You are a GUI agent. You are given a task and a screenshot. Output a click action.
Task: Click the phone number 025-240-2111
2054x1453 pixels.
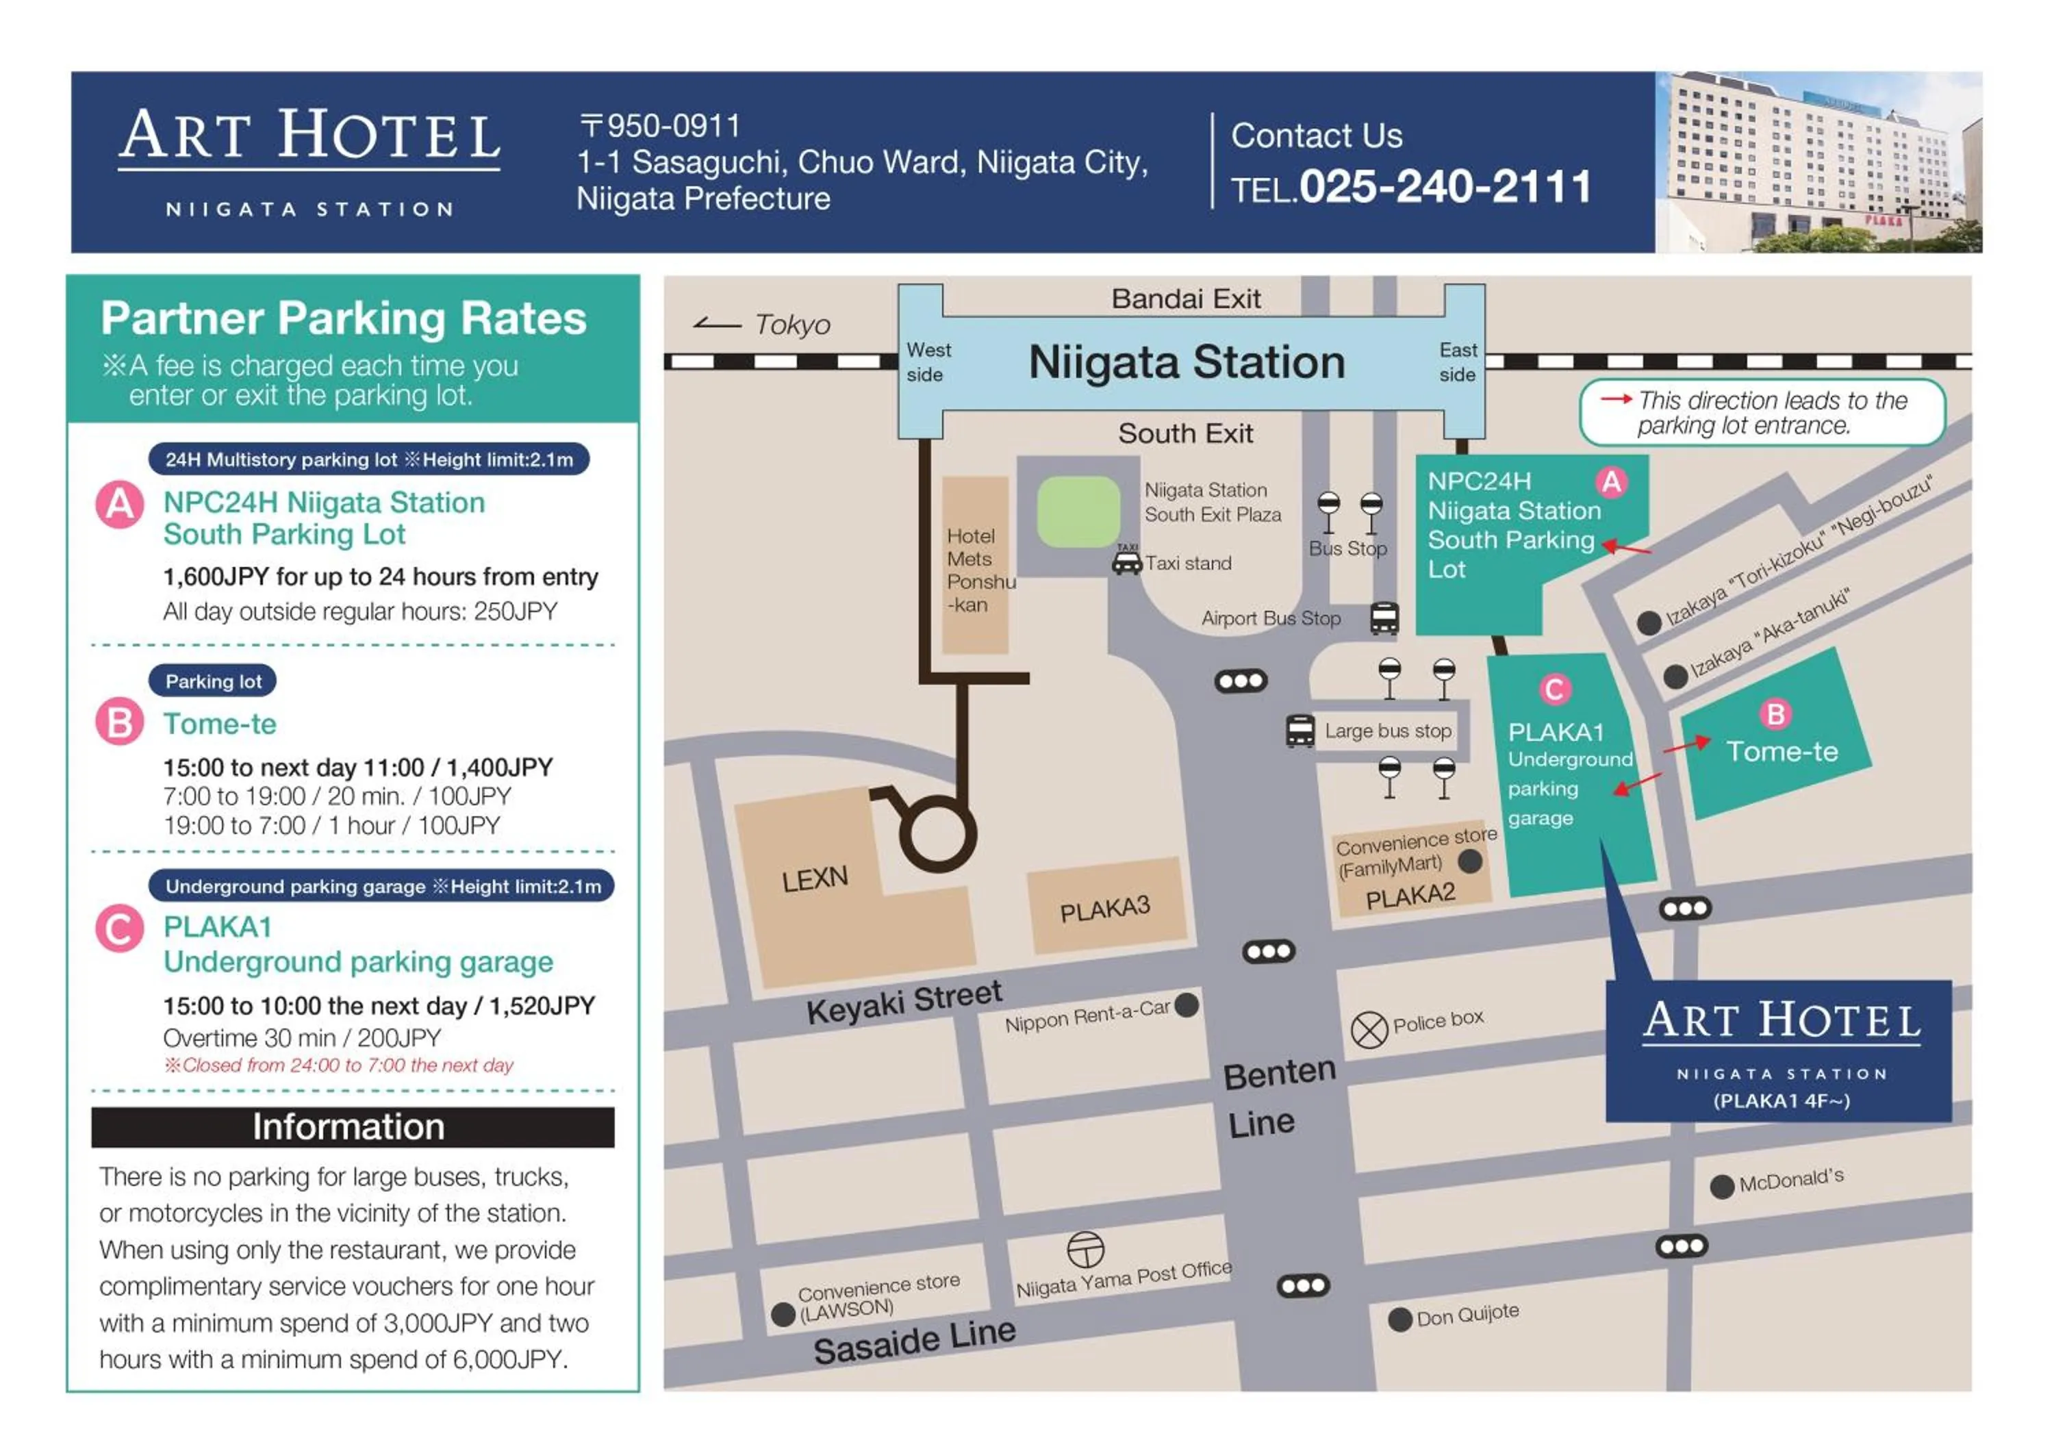pyautogui.click(x=1444, y=187)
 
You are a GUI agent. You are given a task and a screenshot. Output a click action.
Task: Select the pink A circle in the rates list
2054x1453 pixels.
pyautogui.click(x=120, y=505)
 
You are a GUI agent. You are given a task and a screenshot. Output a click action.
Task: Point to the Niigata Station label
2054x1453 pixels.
pyautogui.click(x=1187, y=362)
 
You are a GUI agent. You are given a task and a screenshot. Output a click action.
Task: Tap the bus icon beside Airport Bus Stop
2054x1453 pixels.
pyautogui.click(x=1383, y=618)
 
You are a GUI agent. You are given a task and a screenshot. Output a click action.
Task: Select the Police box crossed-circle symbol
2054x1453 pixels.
pyautogui.click(x=1368, y=1029)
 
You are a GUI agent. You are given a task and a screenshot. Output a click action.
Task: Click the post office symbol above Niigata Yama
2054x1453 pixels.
pyautogui.click(x=1085, y=1249)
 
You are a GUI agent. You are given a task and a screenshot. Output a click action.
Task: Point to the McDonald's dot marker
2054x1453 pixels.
pyautogui.click(x=1721, y=1187)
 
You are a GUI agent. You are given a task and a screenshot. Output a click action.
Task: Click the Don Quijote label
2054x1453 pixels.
pyautogui.click(x=1467, y=1314)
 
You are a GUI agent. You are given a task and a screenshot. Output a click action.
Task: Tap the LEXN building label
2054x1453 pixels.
pyautogui.click(x=814, y=879)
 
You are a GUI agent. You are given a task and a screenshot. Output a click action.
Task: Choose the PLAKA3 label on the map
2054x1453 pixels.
pyautogui.click(x=1105, y=910)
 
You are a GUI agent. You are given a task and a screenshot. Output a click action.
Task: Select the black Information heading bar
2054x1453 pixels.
pyautogui.click(x=353, y=1126)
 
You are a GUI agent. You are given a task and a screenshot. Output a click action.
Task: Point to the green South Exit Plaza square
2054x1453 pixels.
pyautogui.click(x=1078, y=511)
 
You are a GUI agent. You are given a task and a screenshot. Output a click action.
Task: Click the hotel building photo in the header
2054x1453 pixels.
pyautogui.click(x=1818, y=162)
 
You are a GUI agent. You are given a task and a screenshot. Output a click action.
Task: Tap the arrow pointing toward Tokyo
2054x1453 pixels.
pyautogui.click(x=717, y=324)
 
